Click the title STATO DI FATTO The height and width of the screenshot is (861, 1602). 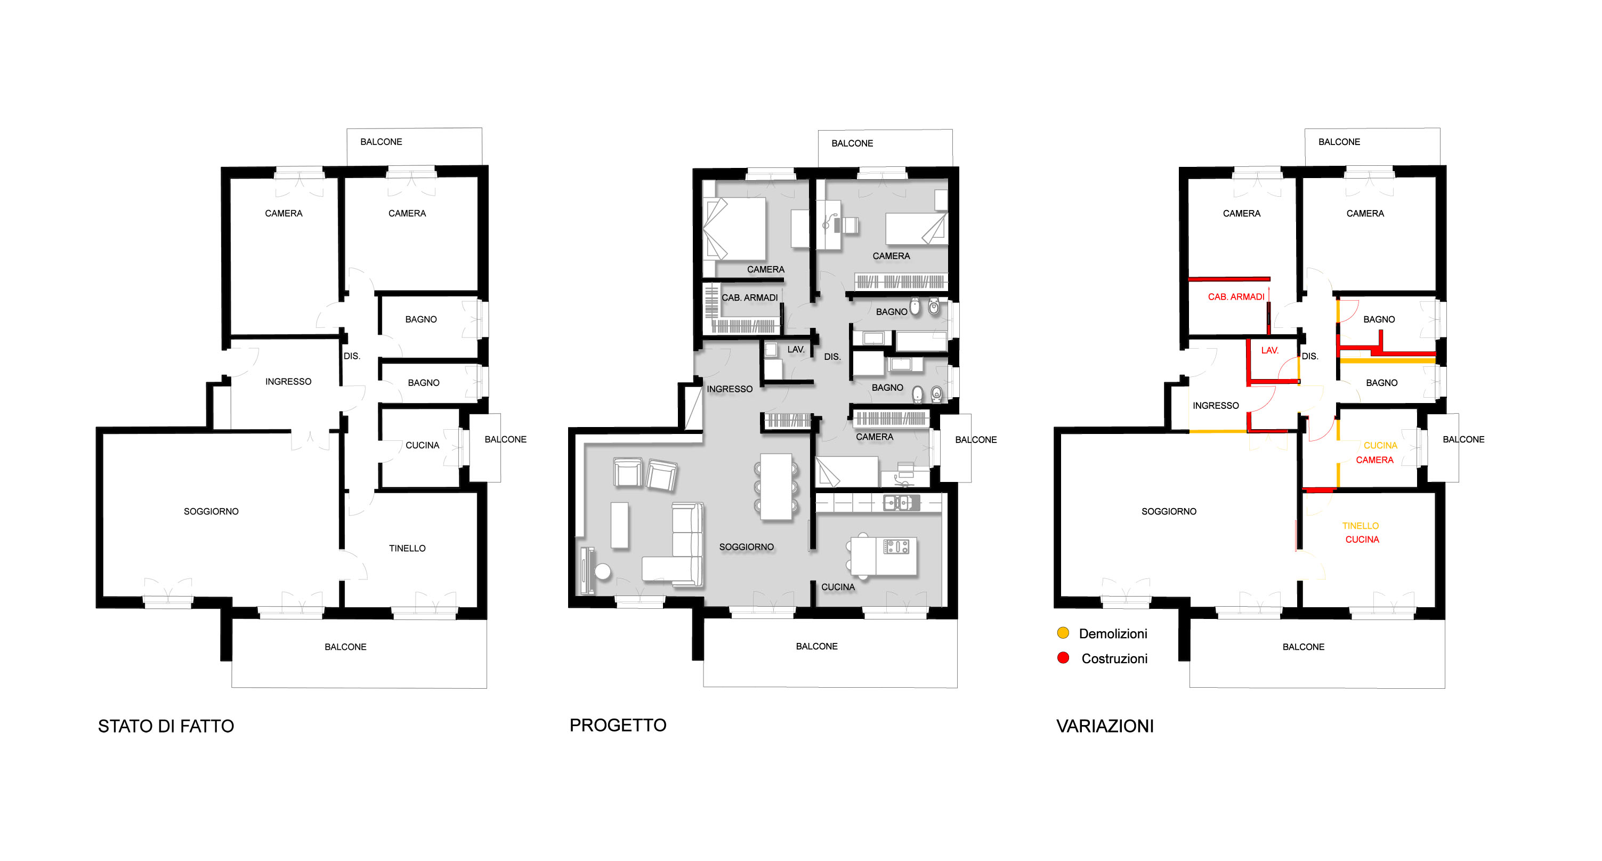[166, 726]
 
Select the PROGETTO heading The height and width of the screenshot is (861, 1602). [618, 725]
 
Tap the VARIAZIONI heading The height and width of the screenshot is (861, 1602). [1105, 726]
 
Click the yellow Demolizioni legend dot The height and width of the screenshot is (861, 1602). [1063, 633]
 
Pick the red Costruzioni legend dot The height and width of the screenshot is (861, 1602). [1063, 657]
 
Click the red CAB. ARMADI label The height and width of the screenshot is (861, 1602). [1236, 297]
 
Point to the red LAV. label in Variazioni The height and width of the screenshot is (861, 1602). [1269, 350]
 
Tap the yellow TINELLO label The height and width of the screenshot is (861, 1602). [1360, 526]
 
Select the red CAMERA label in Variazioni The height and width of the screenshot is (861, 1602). [1374, 460]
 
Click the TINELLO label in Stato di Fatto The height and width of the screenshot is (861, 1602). [407, 548]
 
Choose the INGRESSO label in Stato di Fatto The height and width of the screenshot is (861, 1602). [288, 381]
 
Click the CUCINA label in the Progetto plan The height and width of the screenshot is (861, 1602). [838, 586]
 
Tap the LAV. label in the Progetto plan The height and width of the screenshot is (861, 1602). [796, 350]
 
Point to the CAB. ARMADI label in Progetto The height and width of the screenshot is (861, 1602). [749, 297]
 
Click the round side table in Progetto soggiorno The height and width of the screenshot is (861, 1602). [603, 571]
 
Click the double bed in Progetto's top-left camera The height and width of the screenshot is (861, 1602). [734, 228]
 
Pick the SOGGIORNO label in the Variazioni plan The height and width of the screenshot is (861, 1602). [1169, 511]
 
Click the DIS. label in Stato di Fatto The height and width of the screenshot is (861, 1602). [352, 356]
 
